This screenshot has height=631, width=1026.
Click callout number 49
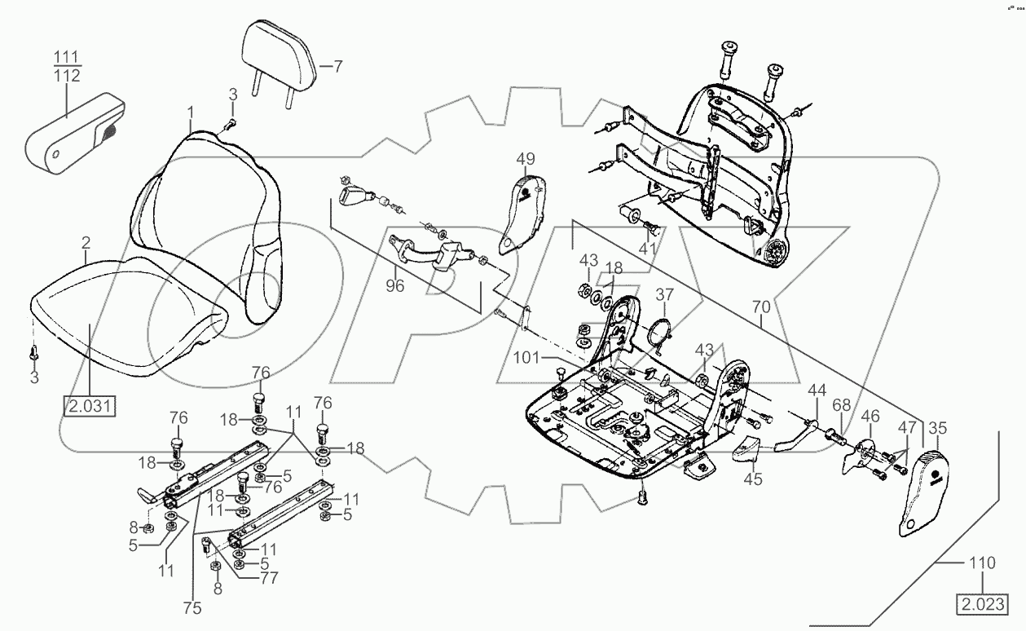click(526, 158)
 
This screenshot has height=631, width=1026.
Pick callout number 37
click(665, 295)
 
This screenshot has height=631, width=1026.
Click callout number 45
click(752, 479)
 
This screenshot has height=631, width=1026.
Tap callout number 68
click(841, 404)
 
